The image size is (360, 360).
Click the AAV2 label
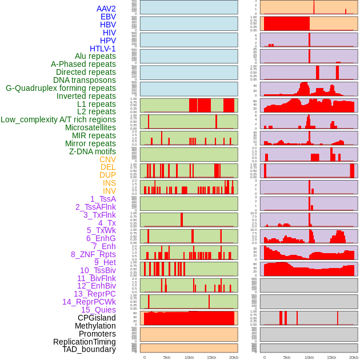(106, 9)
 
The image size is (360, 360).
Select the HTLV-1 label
(102, 49)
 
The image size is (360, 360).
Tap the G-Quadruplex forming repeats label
(61, 88)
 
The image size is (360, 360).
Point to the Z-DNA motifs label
(92, 151)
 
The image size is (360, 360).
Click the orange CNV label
(107, 159)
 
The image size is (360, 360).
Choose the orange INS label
(109, 183)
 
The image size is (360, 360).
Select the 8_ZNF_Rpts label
(93, 254)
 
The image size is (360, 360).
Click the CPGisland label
(97, 318)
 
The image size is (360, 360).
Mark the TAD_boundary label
(89, 349)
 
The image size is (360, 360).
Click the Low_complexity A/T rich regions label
(58, 119)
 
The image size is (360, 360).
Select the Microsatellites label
(90, 127)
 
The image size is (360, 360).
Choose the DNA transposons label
(85, 80)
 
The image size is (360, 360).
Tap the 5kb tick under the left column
(167, 357)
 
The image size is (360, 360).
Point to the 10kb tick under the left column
(189, 357)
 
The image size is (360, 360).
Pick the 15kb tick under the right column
(331, 357)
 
